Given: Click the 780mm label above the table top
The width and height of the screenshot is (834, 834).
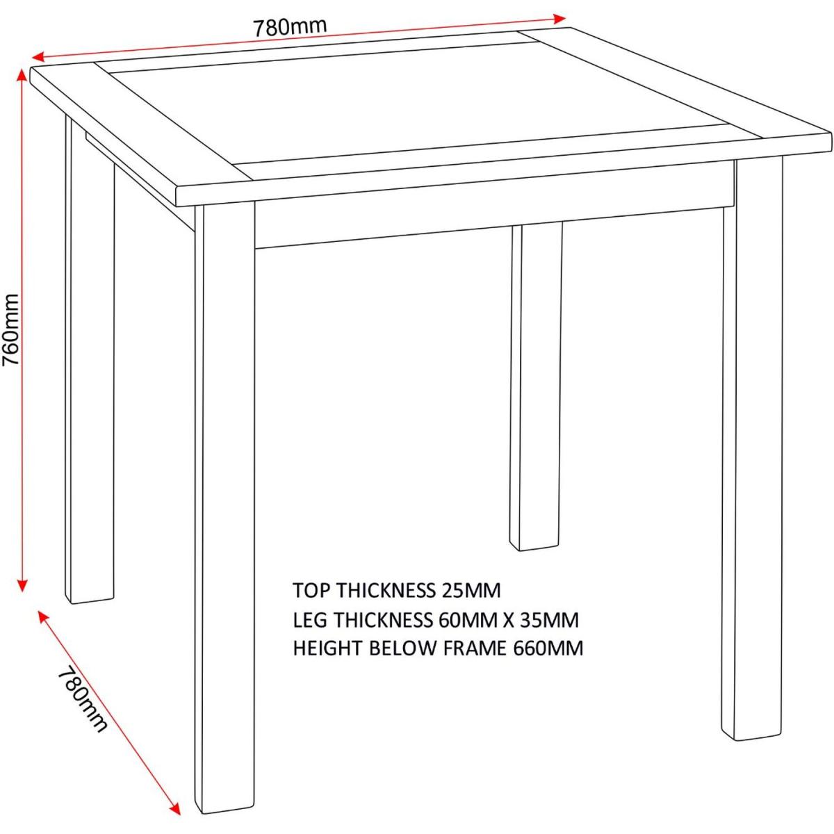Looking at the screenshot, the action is (x=290, y=27).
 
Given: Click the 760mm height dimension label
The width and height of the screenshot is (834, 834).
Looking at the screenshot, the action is (x=10, y=330).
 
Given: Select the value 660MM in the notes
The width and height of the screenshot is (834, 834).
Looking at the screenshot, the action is (x=548, y=648).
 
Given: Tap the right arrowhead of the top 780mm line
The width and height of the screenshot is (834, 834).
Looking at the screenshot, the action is (x=560, y=18).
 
